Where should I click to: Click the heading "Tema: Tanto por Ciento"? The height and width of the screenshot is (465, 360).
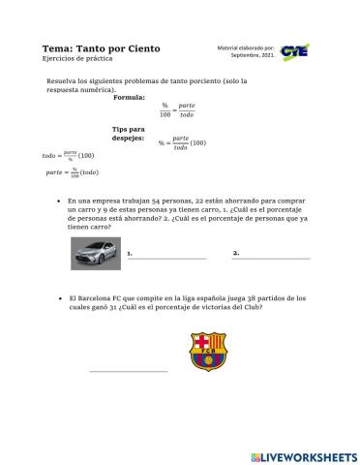102,47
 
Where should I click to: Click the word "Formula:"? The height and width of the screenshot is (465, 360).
130,98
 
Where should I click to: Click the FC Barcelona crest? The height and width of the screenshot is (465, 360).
207,351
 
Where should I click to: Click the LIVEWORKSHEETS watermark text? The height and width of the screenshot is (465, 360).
309,455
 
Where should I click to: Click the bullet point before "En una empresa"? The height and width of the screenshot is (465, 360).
60,199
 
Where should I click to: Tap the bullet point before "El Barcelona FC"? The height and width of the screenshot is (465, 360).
60,298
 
